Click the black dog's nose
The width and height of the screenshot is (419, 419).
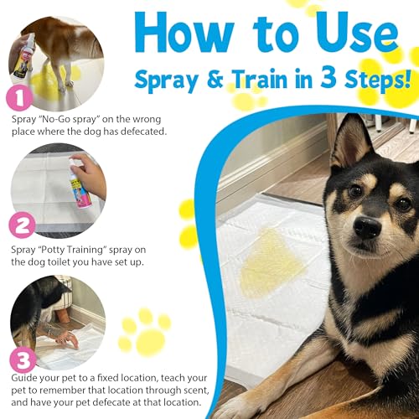pyautogui.click(x=366, y=227)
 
